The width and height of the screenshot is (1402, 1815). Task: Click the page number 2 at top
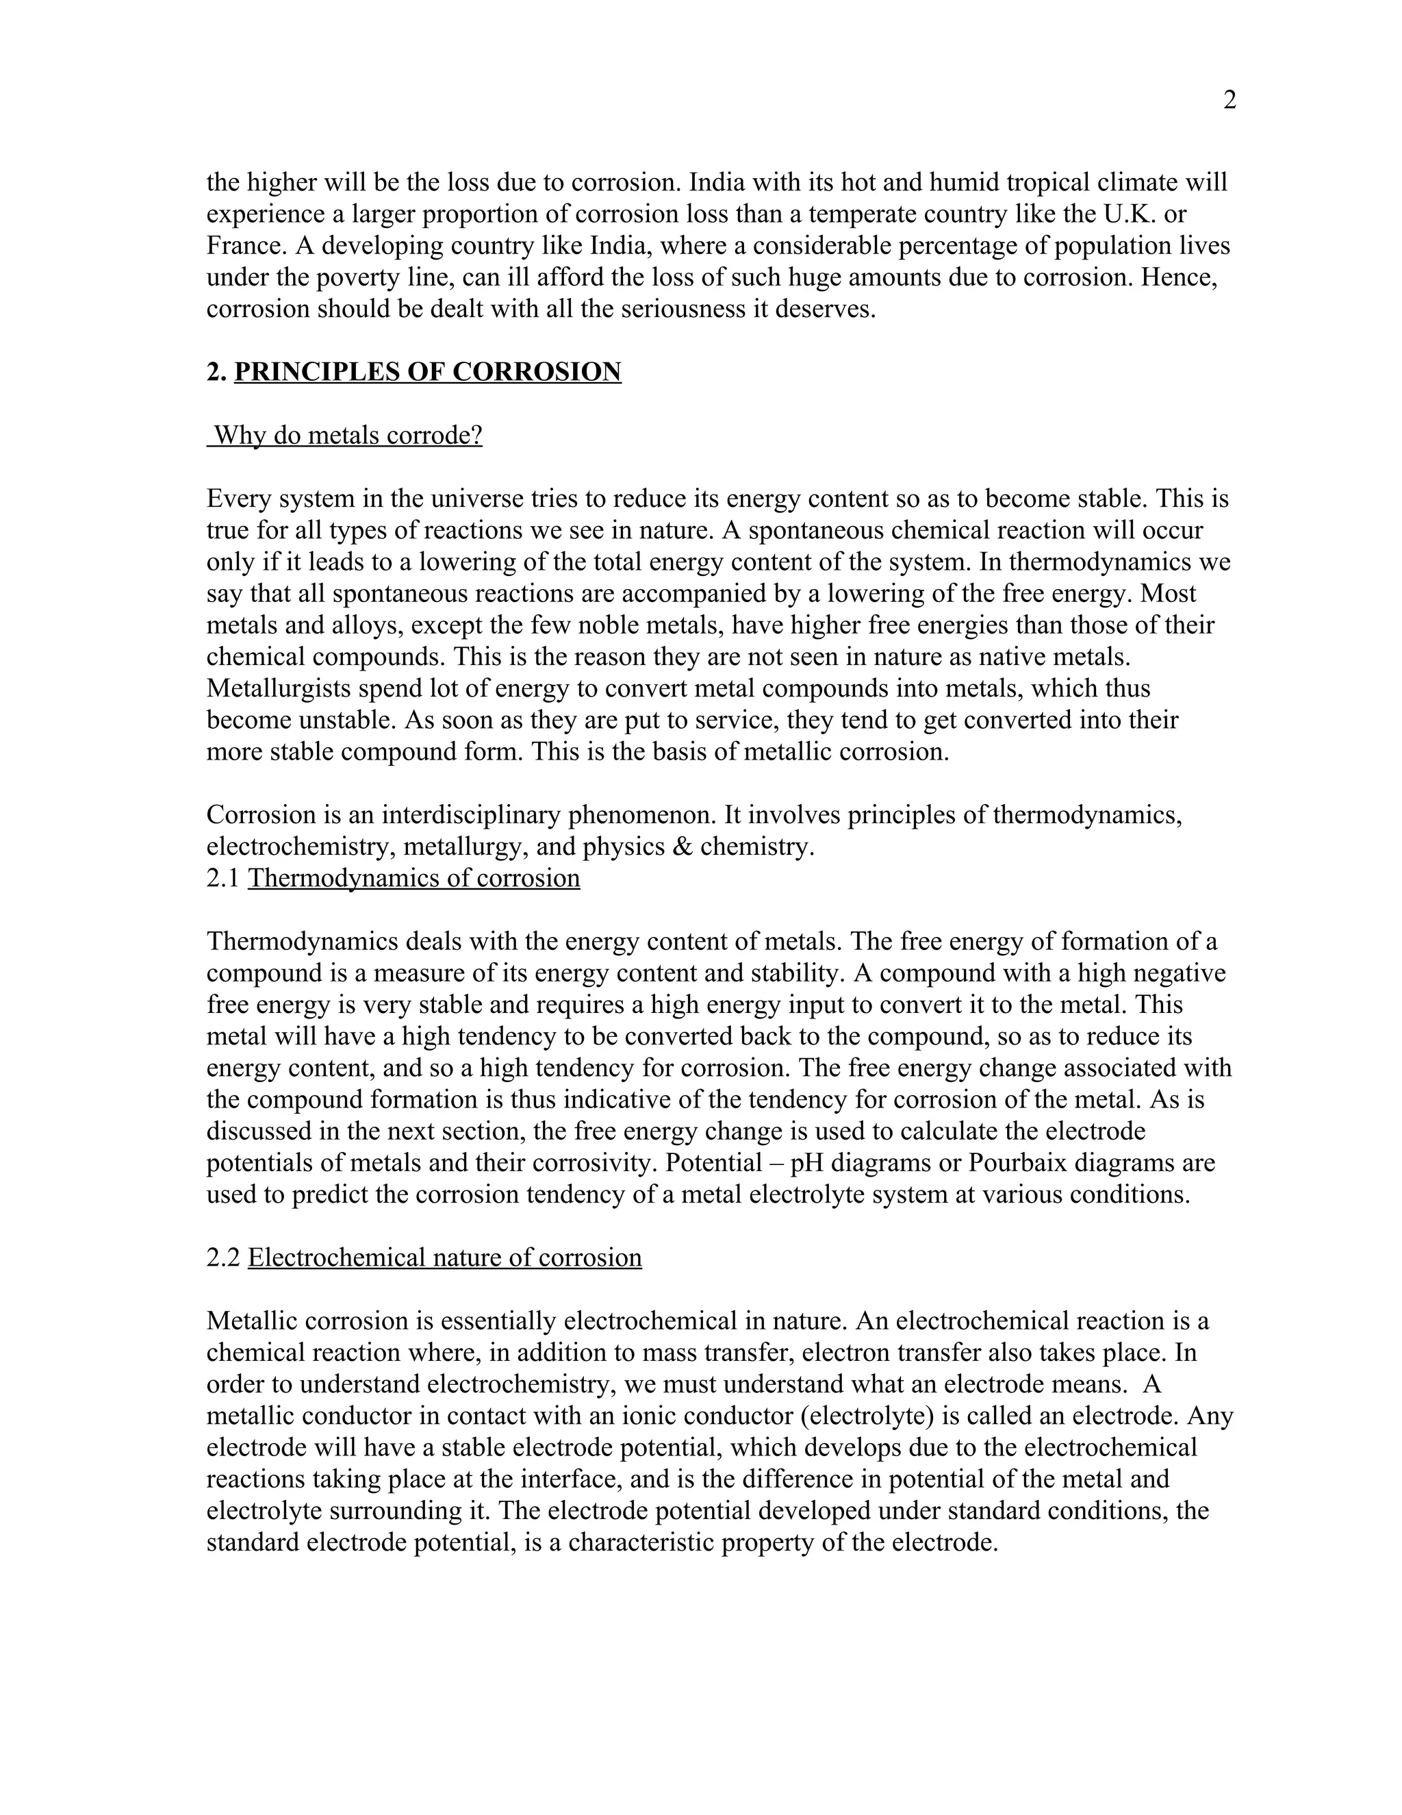pyautogui.click(x=1230, y=101)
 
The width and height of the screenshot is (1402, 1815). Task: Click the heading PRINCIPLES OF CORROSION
pyautogui.click(x=427, y=371)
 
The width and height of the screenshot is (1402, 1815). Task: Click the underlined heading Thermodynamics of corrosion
pyautogui.click(x=413, y=879)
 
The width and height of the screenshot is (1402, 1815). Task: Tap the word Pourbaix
pyautogui.click(x=1019, y=1163)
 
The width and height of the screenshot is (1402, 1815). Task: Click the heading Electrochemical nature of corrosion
pyautogui.click(x=444, y=1257)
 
